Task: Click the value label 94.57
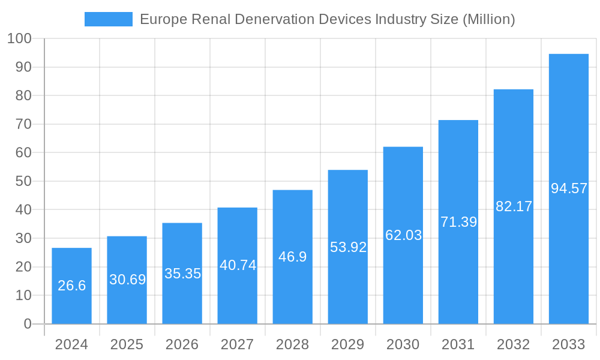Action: pos(568,188)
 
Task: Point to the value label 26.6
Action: pos(71,286)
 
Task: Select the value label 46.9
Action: pos(293,257)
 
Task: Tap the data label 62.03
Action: pos(403,235)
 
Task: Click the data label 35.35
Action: pos(182,274)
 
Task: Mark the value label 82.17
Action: pos(514,206)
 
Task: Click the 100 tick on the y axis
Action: pos(19,38)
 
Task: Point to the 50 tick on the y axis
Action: pos(23,181)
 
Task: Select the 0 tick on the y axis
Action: pos(28,324)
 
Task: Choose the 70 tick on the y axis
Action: pos(23,124)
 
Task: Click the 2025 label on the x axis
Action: pos(127,344)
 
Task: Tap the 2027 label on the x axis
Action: pos(238,344)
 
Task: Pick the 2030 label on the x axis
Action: pos(403,344)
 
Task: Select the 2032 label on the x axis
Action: pos(514,344)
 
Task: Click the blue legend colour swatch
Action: pos(109,19)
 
